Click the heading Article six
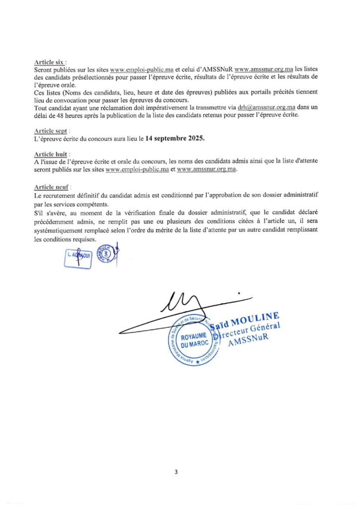[x=50, y=62]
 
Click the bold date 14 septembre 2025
[x=175, y=138]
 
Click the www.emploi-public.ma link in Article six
[x=142, y=70]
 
